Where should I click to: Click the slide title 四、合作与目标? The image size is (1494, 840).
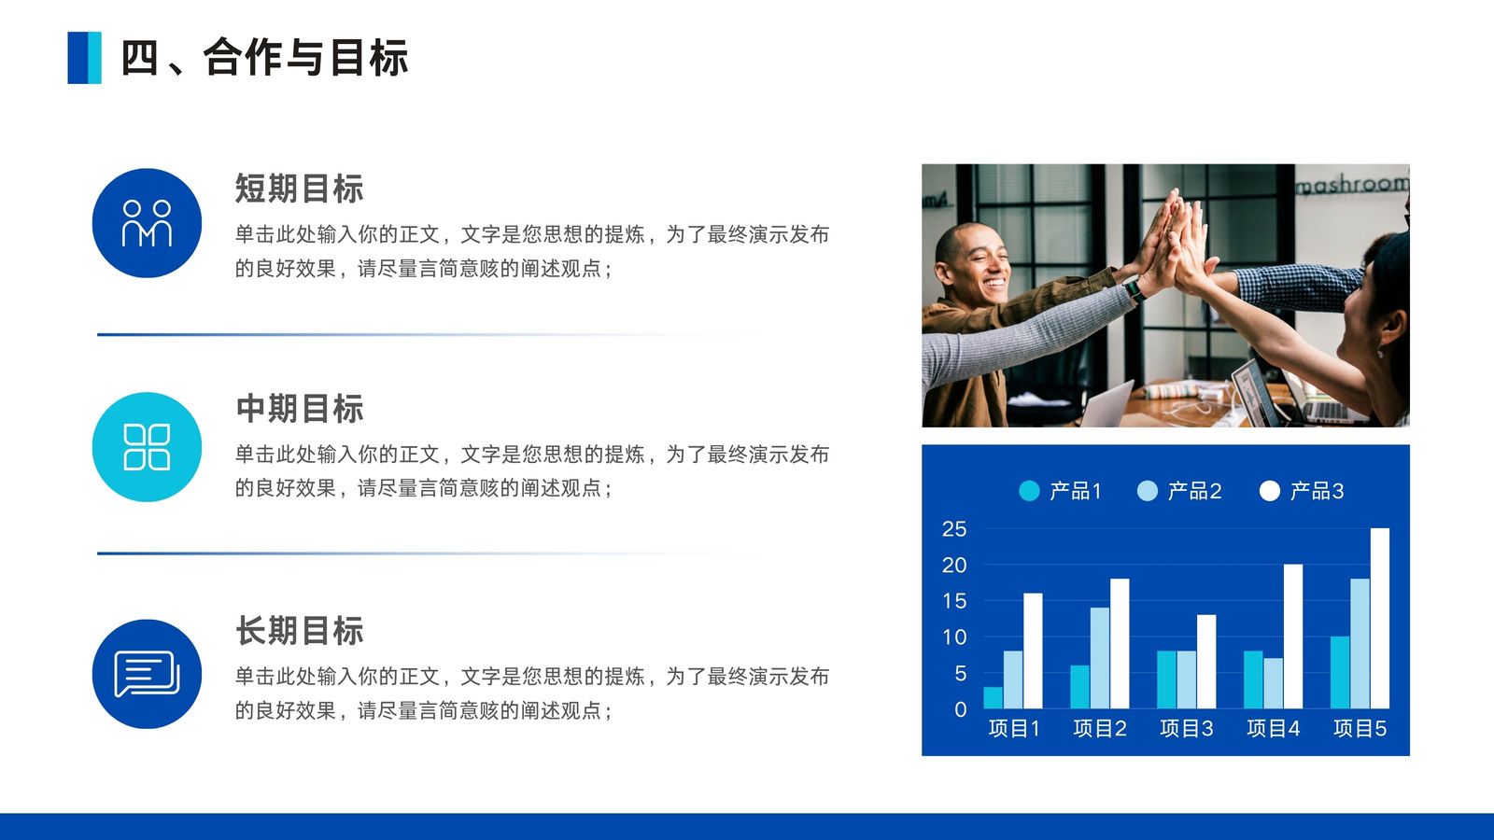(264, 57)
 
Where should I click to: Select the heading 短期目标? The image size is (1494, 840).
(300, 189)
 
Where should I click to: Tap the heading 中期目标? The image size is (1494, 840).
(300, 409)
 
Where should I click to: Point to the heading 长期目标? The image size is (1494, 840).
(300, 631)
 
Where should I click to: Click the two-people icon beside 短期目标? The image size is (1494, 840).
(147, 223)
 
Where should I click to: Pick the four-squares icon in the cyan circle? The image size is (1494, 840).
(147, 447)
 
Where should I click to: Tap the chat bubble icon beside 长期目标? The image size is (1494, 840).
(147, 674)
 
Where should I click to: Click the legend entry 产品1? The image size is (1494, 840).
(1061, 491)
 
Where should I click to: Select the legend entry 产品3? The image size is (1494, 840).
(1302, 491)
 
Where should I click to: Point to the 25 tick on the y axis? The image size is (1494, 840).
(953, 529)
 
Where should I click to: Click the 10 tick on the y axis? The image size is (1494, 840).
(953, 637)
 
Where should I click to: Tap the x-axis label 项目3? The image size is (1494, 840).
(1187, 729)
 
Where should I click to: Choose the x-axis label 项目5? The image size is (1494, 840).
(1360, 729)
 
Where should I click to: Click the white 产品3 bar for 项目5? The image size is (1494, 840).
(1380, 618)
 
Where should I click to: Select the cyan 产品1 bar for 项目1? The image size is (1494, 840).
(994, 697)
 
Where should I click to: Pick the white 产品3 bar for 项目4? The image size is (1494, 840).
(1293, 636)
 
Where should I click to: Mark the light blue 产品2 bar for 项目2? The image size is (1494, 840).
(1100, 658)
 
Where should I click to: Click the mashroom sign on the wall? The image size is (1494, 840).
(1352, 183)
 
